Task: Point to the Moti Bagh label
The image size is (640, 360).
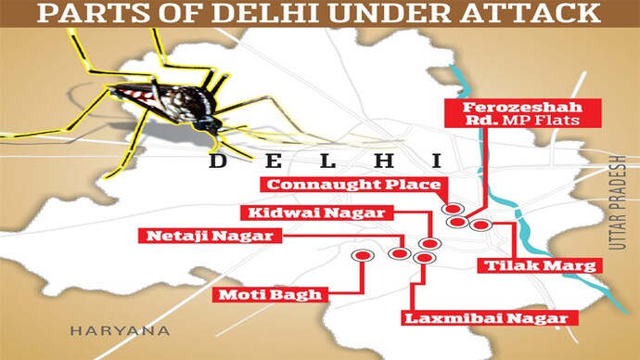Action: tap(272, 295)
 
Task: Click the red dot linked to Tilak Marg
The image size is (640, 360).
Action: tap(479, 224)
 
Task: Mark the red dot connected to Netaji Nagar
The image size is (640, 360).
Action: tap(402, 253)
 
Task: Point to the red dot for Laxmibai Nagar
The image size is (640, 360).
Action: tap(422, 257)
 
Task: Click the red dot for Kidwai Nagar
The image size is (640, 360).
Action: tap(428, 244)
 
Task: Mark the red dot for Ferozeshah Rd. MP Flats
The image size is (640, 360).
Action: tap(457, 223)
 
